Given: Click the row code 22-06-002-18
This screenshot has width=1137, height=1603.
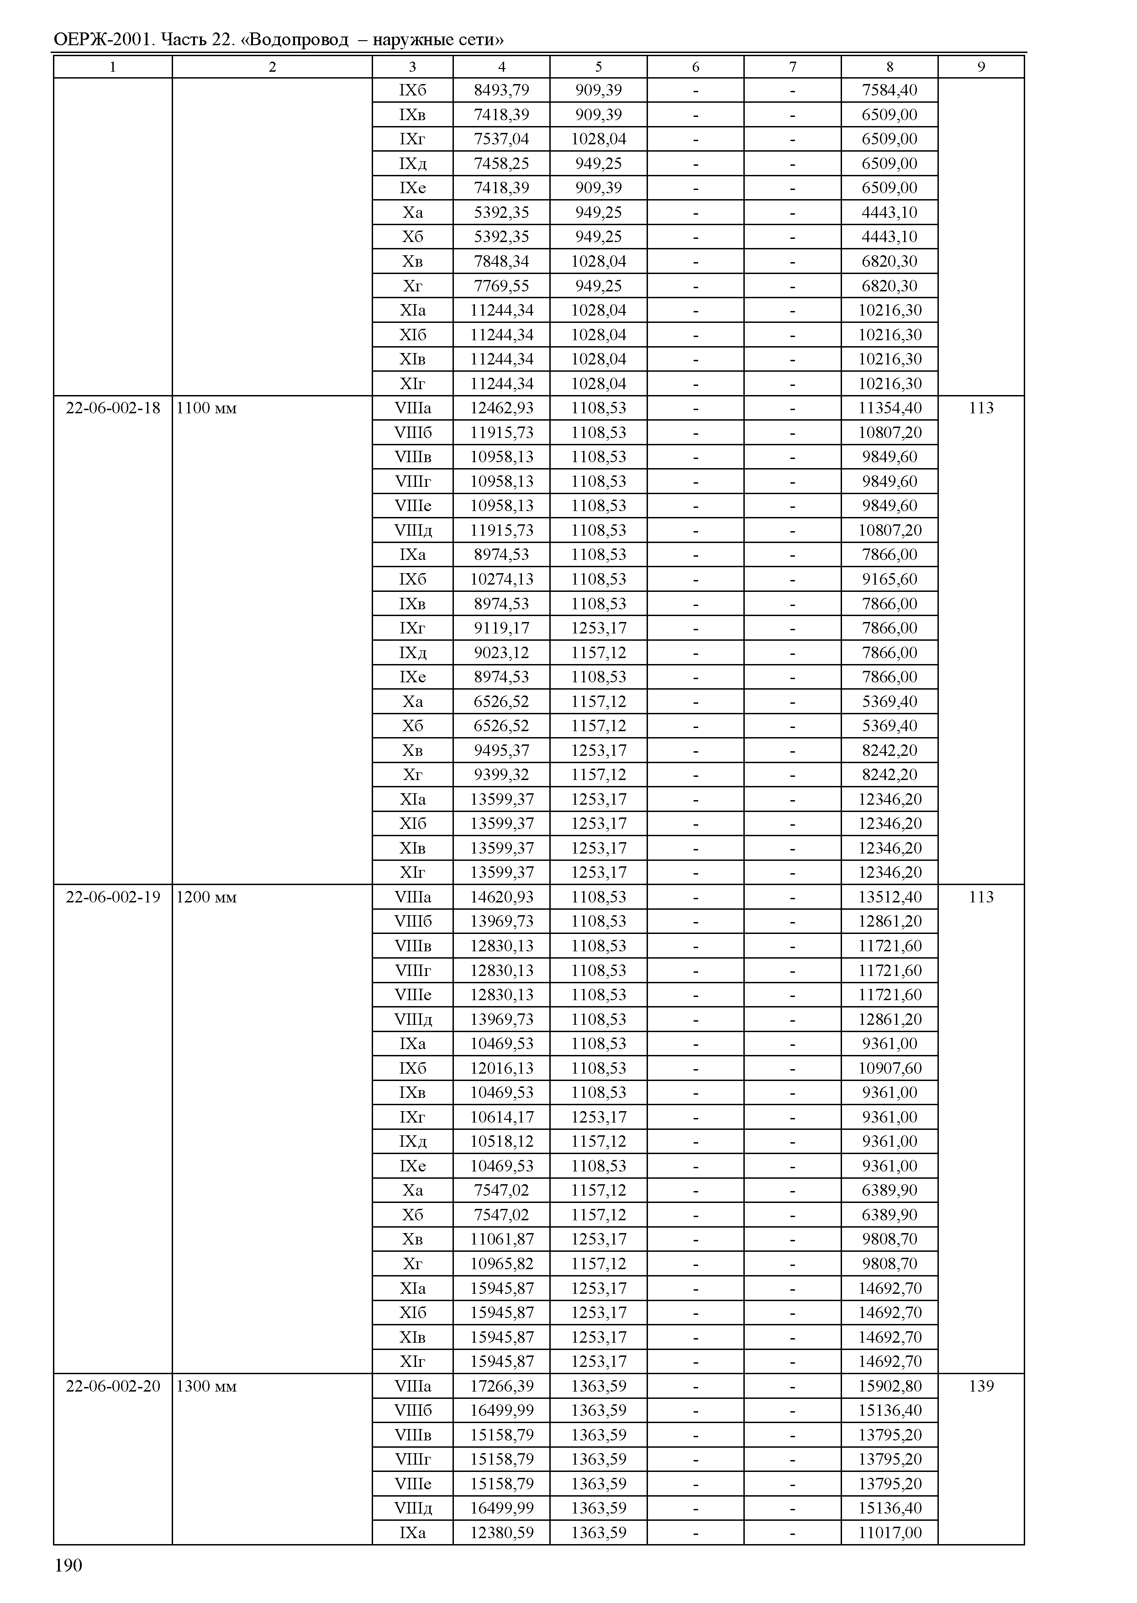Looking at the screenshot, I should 113,408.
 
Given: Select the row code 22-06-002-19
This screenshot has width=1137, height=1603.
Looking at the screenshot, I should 113,897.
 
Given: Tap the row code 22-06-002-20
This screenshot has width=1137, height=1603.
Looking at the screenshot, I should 113,1386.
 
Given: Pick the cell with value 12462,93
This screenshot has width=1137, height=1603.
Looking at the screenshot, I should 501,408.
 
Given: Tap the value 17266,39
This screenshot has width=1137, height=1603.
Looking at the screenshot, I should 501,1386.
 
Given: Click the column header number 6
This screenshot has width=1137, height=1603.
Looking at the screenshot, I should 695,67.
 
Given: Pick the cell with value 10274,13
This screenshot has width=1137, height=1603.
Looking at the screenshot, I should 501,579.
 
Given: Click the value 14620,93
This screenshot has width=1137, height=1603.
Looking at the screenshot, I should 501,897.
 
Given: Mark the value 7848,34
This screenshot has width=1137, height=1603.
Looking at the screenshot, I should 501,261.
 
